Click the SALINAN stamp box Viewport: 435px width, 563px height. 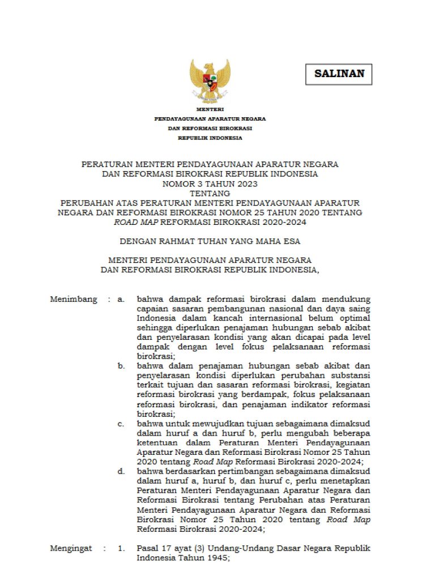(339, 74)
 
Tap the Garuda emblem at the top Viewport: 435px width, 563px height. (210, 81)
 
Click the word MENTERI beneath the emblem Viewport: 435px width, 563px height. (210, 109)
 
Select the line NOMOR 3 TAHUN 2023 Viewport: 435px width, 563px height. (210, 184)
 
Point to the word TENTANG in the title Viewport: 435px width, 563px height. (210, 193)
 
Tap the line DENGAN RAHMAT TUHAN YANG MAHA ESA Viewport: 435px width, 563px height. (210, 242)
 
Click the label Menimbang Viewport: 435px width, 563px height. (74, 299)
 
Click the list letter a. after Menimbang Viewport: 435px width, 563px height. (121, 299)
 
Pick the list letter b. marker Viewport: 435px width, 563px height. (121, 366)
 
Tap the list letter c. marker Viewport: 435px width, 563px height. (121, 423)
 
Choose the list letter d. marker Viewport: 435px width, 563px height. (121, 471)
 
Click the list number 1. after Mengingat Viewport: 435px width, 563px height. (121, 549)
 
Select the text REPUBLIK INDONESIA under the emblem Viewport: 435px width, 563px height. (210, 138)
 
